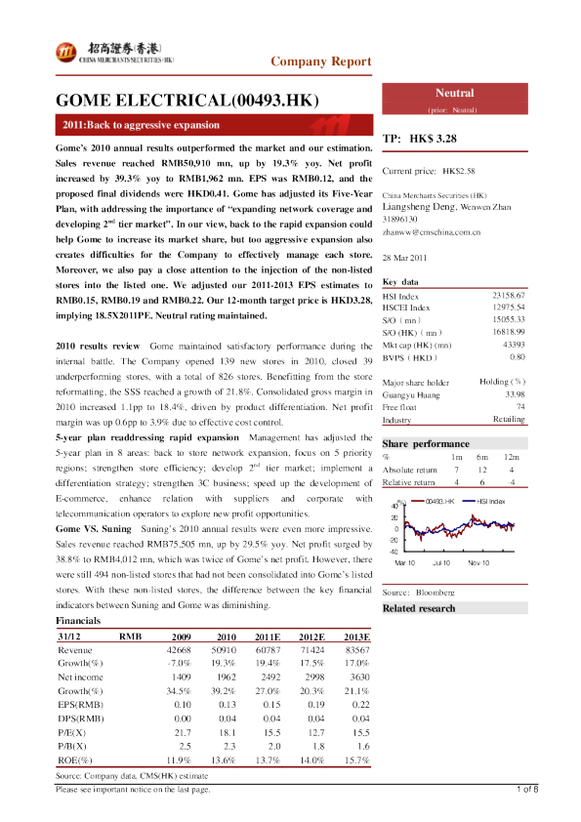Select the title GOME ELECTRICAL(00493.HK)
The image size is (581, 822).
click(x=187, y=101)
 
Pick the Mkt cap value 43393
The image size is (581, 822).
click(x=513, y=346)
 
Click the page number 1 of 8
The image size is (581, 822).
click(x=527, y=789)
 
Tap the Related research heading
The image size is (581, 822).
click(x=419, y=609)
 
